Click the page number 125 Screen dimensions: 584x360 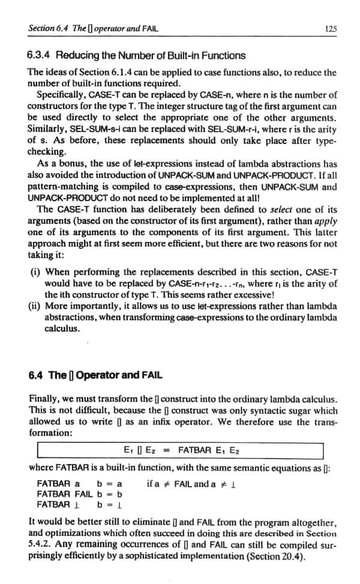pos(329,28)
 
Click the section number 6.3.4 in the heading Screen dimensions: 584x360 pos(40,56)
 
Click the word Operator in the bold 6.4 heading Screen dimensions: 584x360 pos(95,375)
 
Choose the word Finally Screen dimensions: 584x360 pos(43,399)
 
